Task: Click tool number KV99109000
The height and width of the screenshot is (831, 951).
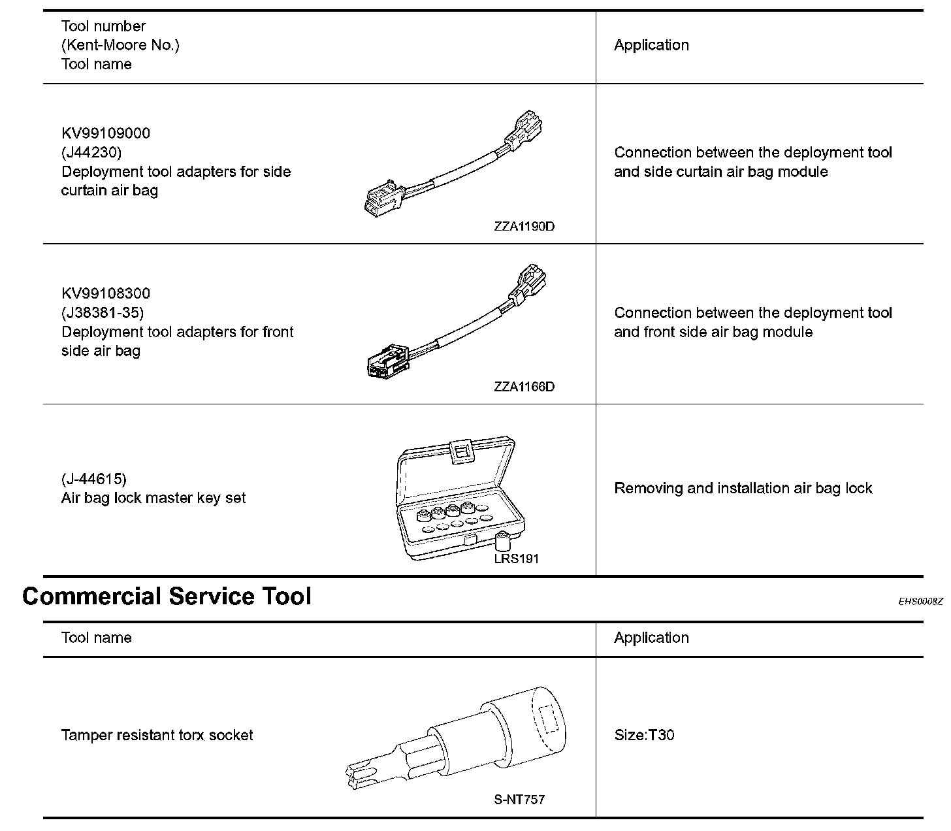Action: click(106, 133)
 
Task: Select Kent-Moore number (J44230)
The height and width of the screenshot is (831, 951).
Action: click(91, 152)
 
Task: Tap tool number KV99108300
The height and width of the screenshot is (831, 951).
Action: click(106, 293)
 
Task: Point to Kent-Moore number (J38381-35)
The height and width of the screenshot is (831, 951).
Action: click(103, 312)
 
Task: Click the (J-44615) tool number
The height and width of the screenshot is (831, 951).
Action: click(94, 479)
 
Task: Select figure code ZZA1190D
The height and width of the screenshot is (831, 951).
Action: click(524, 227)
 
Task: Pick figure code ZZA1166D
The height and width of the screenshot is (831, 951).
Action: click(524, 387)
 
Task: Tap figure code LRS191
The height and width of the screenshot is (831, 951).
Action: click(517, 559)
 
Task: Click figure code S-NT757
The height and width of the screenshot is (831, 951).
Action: click(519, 800)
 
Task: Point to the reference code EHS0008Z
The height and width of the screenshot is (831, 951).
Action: click(920, 601)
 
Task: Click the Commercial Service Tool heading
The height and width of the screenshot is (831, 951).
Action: click(167, 596)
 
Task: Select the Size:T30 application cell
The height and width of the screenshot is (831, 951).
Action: click(644, 735)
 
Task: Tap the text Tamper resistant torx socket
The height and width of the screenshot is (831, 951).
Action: click(157, 735)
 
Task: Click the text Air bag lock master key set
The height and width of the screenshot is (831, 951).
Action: click(153, 498)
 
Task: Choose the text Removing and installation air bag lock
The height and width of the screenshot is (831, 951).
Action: click(743, 488)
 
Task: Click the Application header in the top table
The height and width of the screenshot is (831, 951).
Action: click(651, 45)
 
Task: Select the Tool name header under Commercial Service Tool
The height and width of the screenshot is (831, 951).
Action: click(96, 638)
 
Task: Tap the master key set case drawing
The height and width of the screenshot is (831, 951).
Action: click(457, 497)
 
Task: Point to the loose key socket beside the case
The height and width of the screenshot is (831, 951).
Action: click(502, 542)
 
